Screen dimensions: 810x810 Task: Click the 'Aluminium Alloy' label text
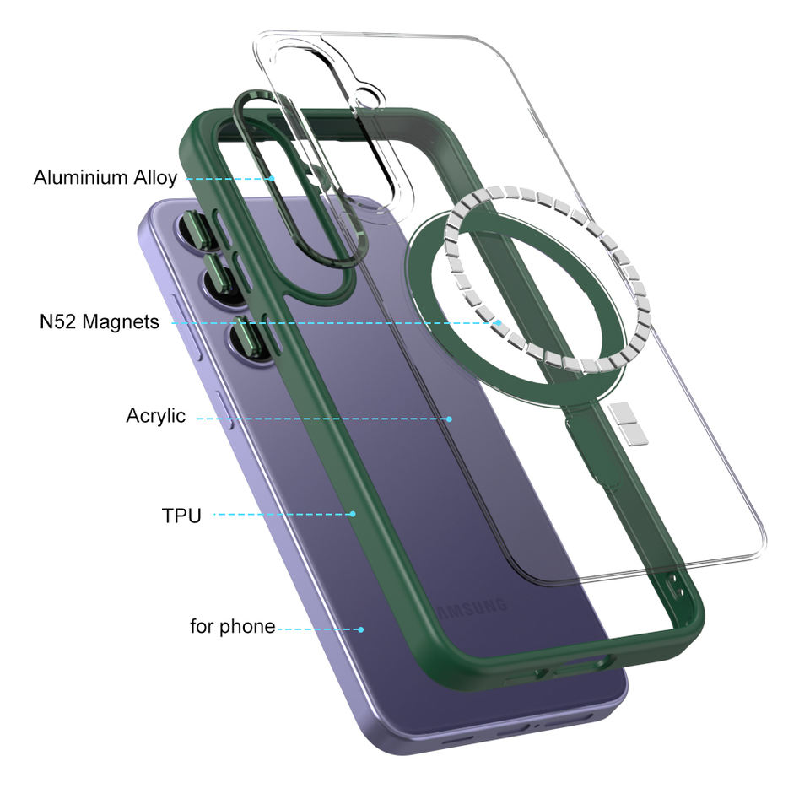coord(105,178)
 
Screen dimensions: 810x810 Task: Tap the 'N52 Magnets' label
coord(100,321)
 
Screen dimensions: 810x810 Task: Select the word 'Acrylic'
coord(155,416)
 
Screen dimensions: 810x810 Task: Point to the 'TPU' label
coord(181,516)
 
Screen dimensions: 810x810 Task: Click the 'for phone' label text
coord(233,627)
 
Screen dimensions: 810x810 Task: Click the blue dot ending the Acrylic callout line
coord(450,419)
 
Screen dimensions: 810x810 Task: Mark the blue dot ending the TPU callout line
coord(353,514)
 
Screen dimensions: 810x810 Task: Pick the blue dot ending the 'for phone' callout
coord(361,629)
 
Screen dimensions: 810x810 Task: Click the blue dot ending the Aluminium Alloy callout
coord(272,179)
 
